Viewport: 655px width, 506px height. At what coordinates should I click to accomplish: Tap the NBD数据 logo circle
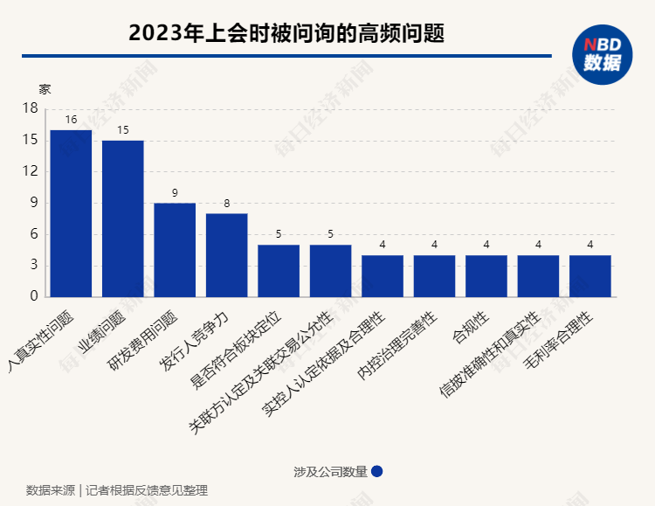click(602, 54)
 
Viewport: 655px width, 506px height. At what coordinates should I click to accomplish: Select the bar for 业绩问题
click(123, 218)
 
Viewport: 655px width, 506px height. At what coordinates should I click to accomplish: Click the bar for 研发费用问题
click(175, 250)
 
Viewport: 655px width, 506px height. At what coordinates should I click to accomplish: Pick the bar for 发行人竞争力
click(227, 255)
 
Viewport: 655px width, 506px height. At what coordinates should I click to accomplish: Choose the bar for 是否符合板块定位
click(279, 271)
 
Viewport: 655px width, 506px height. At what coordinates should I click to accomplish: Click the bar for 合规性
click(486, 276)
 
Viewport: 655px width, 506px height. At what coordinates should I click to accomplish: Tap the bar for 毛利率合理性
click(590, 276)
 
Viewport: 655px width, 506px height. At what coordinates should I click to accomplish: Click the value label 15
click(123, 130)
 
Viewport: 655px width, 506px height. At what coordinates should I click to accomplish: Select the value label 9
click(175, 193)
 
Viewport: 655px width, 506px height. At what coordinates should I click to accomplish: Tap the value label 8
click(227, 204)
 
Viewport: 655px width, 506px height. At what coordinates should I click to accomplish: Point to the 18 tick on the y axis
click(31, 108)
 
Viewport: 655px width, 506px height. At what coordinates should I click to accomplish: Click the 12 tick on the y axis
click(31, 171)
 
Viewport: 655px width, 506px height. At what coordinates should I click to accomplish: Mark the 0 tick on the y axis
click(34, 297)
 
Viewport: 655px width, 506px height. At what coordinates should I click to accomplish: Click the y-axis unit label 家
click(45, 89)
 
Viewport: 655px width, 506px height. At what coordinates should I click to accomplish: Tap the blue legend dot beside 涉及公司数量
click(377, 471)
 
